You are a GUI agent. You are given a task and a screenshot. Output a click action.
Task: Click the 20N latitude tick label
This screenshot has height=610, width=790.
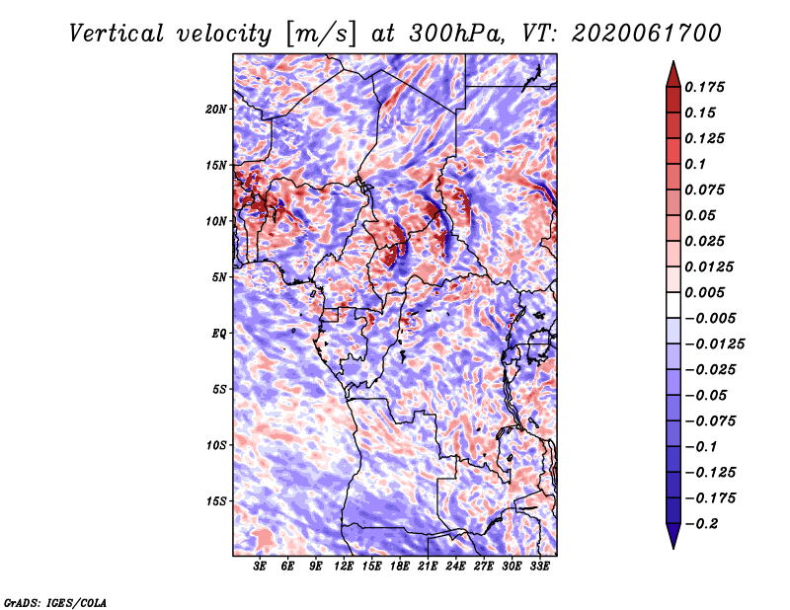click(216, 109)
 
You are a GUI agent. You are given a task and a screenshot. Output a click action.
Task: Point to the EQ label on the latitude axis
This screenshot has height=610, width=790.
click(220, 333)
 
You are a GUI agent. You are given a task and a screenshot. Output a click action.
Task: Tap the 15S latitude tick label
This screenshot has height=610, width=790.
click(216, 500)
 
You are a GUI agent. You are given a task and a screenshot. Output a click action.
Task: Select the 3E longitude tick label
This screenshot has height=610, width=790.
click(261, 567)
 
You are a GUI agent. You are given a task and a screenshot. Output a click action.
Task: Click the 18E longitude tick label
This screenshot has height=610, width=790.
click(400, 567)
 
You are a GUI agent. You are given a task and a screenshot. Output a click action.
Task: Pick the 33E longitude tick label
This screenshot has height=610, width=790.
click(539, 567)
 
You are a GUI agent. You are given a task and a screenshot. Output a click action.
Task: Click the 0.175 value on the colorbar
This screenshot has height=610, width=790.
click(705, 87)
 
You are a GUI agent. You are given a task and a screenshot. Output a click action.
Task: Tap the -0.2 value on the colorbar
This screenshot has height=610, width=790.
click(701, 523)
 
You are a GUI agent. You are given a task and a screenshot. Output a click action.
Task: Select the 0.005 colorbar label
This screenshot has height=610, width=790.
click(705, 292)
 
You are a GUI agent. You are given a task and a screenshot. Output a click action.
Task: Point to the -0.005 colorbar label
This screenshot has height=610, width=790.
click(710, 318)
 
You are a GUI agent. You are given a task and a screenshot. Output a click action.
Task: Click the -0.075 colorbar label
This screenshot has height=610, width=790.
click(710, 420)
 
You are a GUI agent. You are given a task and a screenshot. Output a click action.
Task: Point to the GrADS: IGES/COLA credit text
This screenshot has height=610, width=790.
click(54, 601)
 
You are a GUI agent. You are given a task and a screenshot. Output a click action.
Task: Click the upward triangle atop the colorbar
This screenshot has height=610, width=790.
click(671, 72)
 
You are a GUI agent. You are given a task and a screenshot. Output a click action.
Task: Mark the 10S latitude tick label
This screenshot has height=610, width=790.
click(216, 444)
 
